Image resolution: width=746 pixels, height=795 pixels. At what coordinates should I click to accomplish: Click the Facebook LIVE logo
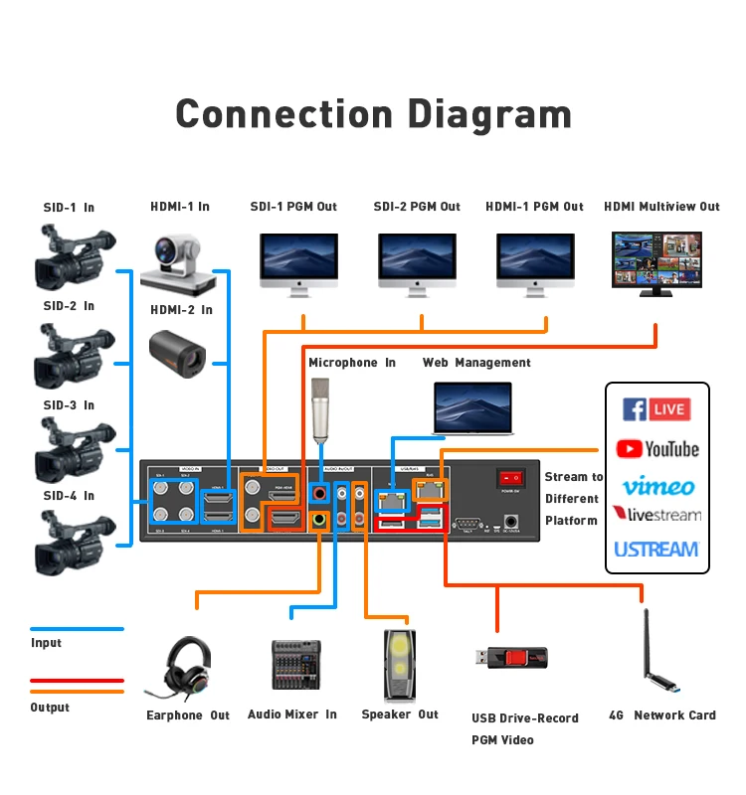coord(656,408)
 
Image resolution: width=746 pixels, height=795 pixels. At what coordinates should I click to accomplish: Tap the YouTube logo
coord(656,449)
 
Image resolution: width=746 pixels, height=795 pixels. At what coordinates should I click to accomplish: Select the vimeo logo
coord(657,486)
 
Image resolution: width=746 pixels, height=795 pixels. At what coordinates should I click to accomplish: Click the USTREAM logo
coord(656,549)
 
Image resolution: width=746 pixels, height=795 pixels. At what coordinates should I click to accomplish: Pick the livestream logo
coord(656,515)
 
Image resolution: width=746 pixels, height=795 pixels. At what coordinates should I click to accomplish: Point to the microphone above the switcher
coord(319,408)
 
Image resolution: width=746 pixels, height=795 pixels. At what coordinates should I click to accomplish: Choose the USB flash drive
coord(510,658)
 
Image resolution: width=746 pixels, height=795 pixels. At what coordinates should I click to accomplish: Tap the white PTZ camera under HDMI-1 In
coord(179,261)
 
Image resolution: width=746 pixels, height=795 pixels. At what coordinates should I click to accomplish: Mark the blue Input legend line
coord(77,629)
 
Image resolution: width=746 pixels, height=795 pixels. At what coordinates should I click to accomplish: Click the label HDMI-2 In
coord(181,310)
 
